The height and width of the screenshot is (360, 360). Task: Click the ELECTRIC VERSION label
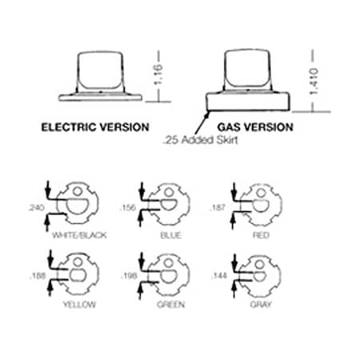95,127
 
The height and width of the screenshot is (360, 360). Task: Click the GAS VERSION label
255,127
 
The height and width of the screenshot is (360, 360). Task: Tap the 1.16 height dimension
158,74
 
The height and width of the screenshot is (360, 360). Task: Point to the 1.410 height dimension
314,81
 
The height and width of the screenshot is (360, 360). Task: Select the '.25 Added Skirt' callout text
200,140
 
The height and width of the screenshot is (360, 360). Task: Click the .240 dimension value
36,207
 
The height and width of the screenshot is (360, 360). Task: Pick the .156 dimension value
128,207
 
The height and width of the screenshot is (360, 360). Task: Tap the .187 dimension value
218,207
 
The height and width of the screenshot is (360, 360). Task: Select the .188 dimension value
38,276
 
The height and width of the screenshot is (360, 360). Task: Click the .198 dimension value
129,276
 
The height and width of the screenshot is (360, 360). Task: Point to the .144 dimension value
219,276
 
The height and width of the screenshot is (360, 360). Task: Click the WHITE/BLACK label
79,235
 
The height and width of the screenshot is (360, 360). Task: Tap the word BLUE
171,235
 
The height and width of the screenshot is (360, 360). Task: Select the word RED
261,235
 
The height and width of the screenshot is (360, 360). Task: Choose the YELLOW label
79,304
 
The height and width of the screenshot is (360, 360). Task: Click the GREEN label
171,304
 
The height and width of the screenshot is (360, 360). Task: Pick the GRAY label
261,304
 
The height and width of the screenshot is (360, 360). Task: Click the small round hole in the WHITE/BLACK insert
78,190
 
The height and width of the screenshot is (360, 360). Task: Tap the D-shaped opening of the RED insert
261,205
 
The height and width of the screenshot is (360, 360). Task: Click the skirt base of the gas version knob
247,102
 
